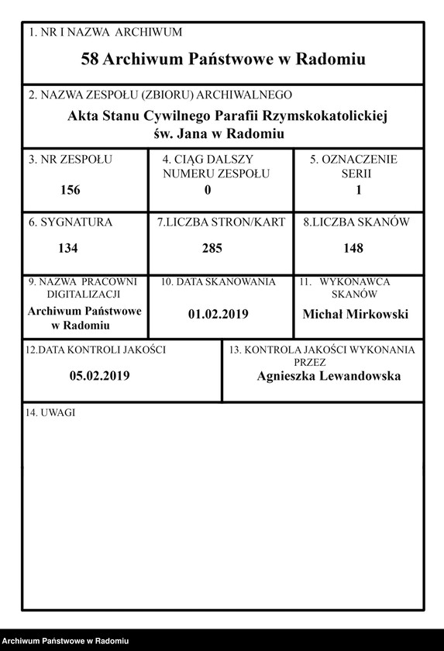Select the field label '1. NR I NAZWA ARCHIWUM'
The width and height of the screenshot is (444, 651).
pyautogui.click(x=105, y=33)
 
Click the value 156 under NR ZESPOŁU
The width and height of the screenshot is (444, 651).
pyautogui.click(x=69, y=190)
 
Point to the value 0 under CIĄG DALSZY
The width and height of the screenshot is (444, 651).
pyautogui.click(x=208, y=190)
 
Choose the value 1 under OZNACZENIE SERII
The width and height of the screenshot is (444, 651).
pyautogui.click(x=358, y=190)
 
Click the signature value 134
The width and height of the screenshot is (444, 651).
pyautogui.click(x=69, y=249)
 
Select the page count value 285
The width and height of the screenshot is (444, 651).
pyautogui.click(x=212, y=249)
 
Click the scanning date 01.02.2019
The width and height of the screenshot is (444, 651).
pyautogui.click(x=218, y=314)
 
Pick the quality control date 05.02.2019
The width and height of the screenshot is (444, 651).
pyautogui.click(x=99, y=376)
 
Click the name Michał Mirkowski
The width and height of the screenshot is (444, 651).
pyautogui.click(x=356, y=314)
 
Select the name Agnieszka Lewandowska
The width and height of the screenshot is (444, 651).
pyautogui.click(x=329, y=376)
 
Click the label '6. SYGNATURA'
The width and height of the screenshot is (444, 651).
pyautogui.click(x=71, y=222)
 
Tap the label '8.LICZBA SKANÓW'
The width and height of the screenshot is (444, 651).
pyautogui.click(x=356, y=222)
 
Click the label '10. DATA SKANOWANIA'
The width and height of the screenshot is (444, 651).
pyautogui.click(x=218, y=282)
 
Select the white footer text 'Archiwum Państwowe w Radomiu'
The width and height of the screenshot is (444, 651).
pyautogui.click(x=65, y=641)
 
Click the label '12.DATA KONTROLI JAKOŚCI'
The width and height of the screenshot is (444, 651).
pyautogui.click(x=95, y=350)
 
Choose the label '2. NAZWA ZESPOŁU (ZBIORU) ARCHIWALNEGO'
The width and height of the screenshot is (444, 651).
pyautogui.click(x=160, y=95)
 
